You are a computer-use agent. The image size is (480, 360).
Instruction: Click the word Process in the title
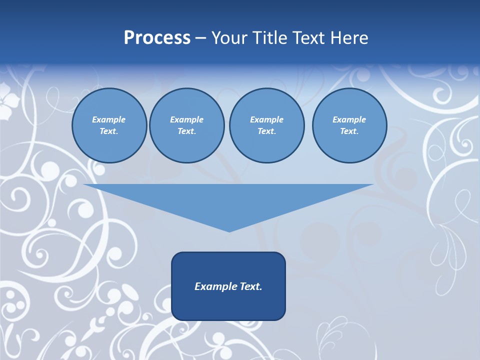click(157, 38)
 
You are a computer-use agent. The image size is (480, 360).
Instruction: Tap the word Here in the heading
click(347, 38)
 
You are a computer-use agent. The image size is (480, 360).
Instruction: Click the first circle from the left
click(109, 125)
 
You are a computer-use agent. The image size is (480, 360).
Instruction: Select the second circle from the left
click(186, 125)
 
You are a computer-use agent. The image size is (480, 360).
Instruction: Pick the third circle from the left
click(266, 125)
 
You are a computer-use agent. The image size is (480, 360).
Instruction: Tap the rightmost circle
click(349, 125)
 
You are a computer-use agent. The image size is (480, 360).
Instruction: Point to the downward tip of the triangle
click(229, 231)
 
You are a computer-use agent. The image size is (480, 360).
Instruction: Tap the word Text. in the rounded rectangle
click(249, 286)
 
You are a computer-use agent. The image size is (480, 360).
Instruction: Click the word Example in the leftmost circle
click(109, 119)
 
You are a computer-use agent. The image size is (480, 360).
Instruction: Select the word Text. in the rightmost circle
click(349, 131)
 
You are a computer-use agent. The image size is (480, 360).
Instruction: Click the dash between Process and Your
click(200, 38)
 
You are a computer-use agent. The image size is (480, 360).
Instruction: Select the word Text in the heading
click(306, 38)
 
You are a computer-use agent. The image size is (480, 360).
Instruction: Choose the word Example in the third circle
click(266, 119)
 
